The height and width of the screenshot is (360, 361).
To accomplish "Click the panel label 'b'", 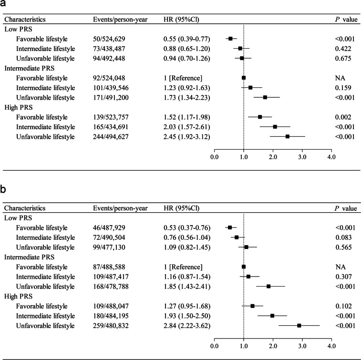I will [4, 189].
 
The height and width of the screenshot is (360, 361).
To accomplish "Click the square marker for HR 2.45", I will [287, 137].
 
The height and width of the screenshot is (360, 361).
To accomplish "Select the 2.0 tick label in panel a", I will [273, 156].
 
